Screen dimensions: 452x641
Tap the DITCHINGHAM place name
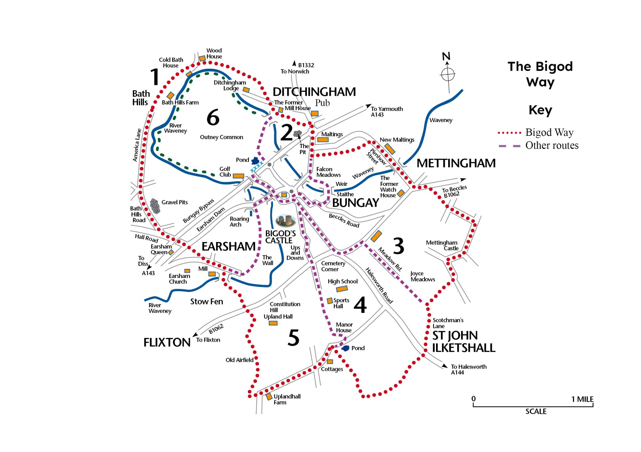(x=314, y=92)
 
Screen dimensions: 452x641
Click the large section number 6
(x=213, y=117)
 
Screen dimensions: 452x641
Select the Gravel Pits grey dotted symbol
(x=155, y=206)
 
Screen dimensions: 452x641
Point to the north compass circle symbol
(x=448, y=74)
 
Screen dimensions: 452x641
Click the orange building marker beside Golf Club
(x=238, y=176)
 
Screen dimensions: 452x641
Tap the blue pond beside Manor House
(x=346, y=348)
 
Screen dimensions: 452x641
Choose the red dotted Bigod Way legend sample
(x=509, y=133)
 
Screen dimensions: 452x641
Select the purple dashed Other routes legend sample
(x=509, y=146)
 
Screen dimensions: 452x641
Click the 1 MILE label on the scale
(x=582, y=399)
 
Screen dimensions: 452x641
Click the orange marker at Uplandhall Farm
(x=269, y=396)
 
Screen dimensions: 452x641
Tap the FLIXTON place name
(x=167, y=342)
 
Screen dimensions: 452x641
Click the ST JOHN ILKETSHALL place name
(x=463, y=342)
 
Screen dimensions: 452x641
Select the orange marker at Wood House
(x=202, y=58)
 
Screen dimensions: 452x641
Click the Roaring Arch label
(x=239, y=222)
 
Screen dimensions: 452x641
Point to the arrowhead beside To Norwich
(x=294, y=64)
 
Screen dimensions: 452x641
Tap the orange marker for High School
(x=341, y=289)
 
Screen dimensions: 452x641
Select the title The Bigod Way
(x=540, y=74)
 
